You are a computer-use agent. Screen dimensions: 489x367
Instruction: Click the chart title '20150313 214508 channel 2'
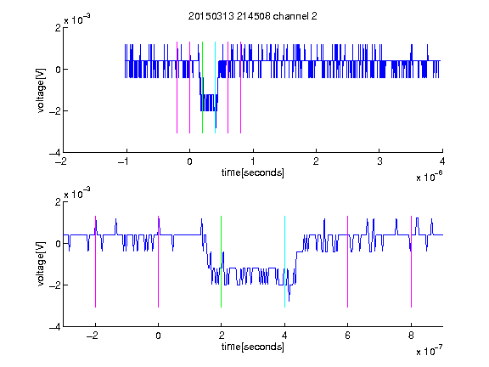253,16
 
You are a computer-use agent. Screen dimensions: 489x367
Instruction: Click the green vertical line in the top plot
202,88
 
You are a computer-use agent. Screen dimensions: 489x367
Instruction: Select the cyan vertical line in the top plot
215,88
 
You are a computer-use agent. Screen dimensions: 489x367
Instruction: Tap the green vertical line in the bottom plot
221,262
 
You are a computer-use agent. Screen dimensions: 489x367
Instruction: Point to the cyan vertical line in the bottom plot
284,262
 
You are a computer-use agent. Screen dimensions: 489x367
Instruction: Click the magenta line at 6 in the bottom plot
348,262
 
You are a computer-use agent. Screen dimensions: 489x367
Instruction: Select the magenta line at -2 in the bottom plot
95,262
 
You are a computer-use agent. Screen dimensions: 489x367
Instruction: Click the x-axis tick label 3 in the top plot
379,161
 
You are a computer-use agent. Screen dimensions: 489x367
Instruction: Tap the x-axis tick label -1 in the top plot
124,161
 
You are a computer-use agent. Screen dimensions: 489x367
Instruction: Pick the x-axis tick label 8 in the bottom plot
411,336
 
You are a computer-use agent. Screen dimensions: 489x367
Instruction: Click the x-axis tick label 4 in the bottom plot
284,336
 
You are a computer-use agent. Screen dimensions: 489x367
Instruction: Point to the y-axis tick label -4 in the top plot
55,153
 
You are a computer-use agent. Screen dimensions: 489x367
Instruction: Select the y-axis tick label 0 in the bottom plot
58,244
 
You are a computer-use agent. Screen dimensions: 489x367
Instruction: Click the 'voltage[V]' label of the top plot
41,90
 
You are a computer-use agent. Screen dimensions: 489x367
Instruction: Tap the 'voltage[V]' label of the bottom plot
41,264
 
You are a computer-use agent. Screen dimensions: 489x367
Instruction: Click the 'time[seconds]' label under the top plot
253,172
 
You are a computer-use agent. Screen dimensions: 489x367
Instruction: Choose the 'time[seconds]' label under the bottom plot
253,347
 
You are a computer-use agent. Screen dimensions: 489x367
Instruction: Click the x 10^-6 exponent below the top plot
429,177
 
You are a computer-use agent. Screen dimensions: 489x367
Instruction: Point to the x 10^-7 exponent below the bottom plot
429,351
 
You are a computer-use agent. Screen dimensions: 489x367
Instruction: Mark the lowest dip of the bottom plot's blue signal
289,301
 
